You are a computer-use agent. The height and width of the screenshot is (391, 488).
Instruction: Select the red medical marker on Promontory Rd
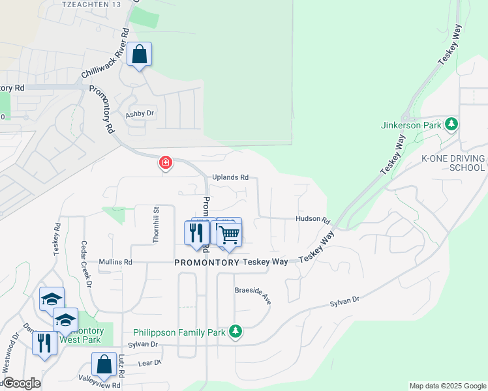[x=166, y=162]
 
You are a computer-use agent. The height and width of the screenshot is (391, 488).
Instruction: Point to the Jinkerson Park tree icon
[x=451, y=124]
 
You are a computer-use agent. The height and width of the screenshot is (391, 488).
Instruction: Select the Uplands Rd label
[x=230, y=177]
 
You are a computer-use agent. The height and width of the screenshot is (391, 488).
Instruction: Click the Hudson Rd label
[x=313, y=220]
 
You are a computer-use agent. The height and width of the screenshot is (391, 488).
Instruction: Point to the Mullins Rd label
[x=115, y=262]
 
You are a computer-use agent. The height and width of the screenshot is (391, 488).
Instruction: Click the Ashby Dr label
[x=141, y=113]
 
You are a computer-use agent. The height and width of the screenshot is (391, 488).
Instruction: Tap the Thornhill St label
[x=156, y=225]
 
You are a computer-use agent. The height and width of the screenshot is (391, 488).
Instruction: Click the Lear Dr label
[x=149, y=362]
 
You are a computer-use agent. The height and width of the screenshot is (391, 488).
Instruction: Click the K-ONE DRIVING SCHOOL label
[x=453, y=163]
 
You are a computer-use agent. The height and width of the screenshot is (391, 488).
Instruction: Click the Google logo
[x=21, y=383]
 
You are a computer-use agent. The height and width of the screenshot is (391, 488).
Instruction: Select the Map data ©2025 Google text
[x=447, y=386]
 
